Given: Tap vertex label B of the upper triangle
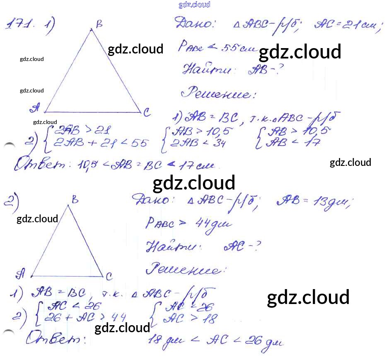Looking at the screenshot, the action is [x=99, y=24].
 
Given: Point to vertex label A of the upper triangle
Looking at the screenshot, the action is [x=35, y=109].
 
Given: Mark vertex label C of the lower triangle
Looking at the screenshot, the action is [x=109, y=276].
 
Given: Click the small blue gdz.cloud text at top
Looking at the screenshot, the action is [x=194, y=5].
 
